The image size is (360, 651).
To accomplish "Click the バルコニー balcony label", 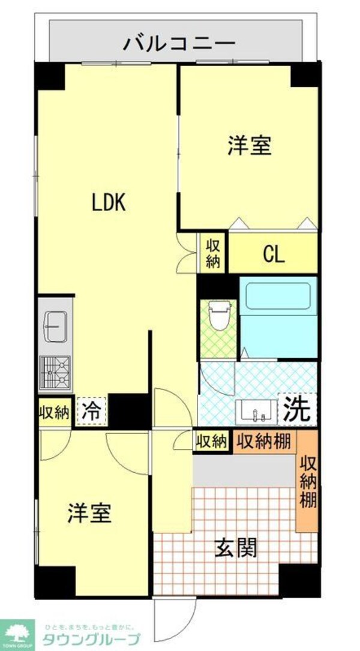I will [x=178, y=44].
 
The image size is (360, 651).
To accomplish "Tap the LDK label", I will [x=108, y=203].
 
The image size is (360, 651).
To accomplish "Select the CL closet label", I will [x=273, y=254].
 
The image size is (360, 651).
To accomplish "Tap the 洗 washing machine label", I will [x=297, y=409].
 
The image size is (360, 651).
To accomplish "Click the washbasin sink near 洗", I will [x=256, y=411].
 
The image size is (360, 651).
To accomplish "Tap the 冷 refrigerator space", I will [x=92, y=412].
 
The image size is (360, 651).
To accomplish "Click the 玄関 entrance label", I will [x=237, y=547].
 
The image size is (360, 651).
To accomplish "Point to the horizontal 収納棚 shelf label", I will [x=265, y=442].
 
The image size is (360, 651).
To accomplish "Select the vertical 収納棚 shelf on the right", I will [x=308, y=481].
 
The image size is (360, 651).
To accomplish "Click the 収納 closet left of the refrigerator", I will [x=55, y=413].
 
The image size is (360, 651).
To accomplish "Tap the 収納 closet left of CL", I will [x=213, y=253].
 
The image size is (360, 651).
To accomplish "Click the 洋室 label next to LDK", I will [x=249, y=146].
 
